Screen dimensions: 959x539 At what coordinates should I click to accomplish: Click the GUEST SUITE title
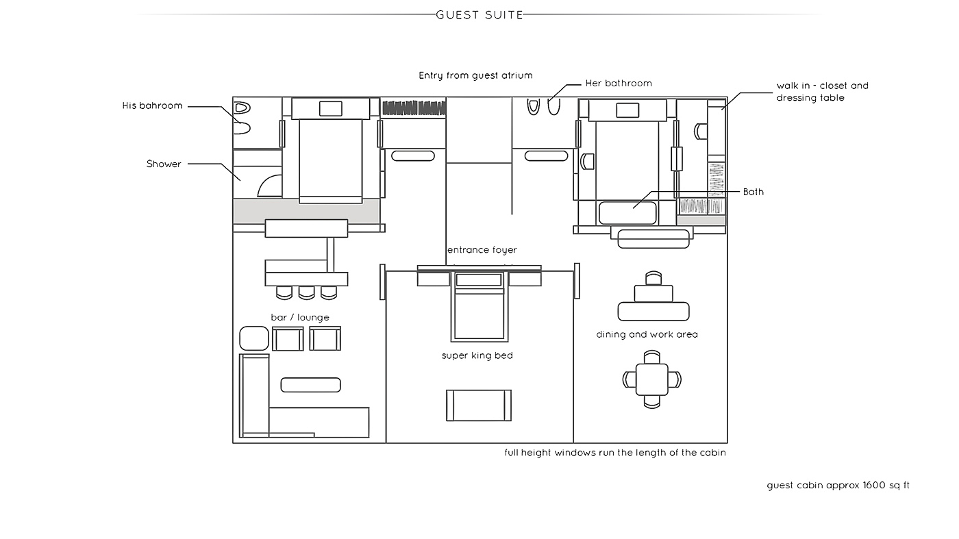[480, 15]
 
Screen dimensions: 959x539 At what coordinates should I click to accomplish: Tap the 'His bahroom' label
[152, 105]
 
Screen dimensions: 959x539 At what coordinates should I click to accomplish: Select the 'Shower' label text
[164, 164]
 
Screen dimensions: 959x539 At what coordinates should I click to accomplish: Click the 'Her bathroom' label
[619, 84]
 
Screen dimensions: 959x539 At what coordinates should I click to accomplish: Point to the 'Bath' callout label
[753, 192]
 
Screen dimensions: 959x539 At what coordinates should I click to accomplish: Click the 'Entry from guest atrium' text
[475, 76]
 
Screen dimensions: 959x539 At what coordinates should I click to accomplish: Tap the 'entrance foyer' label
[482, 250]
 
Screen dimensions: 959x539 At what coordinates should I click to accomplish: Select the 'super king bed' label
[477, 355]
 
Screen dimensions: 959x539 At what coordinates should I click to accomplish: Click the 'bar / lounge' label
[300, 318]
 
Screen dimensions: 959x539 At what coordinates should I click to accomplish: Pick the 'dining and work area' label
[647, 334]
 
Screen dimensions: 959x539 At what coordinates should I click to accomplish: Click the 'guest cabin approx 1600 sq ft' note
[838, 486]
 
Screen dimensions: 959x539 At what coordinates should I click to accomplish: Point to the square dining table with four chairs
[651, 379]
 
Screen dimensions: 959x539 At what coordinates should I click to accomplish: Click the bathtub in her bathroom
[627, 213]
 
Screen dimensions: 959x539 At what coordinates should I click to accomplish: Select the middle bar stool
[307, 293]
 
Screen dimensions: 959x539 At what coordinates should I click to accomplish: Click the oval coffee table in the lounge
[311, 385]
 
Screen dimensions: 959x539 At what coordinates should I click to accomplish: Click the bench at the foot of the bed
[479, 405]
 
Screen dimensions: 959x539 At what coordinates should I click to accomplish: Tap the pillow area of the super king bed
[479, 280]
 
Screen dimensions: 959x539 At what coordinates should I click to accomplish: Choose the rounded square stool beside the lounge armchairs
[254, 338]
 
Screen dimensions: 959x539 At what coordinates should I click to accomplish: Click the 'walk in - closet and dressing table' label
[823, 92]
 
